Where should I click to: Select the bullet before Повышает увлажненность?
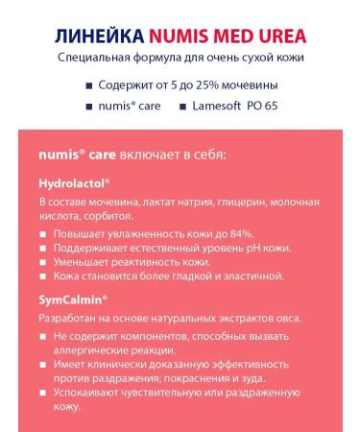[43, 234]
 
